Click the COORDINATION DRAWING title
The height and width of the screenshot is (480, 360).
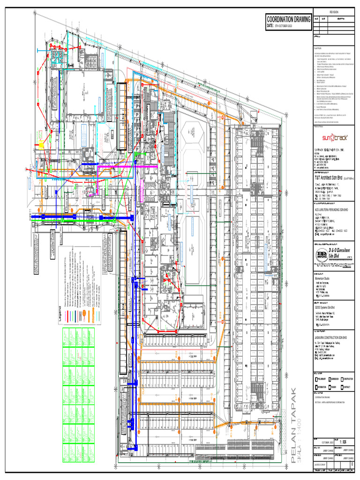(288, 19)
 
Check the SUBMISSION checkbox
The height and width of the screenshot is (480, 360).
(330, 379)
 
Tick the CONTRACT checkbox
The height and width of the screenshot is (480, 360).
(343, 387)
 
